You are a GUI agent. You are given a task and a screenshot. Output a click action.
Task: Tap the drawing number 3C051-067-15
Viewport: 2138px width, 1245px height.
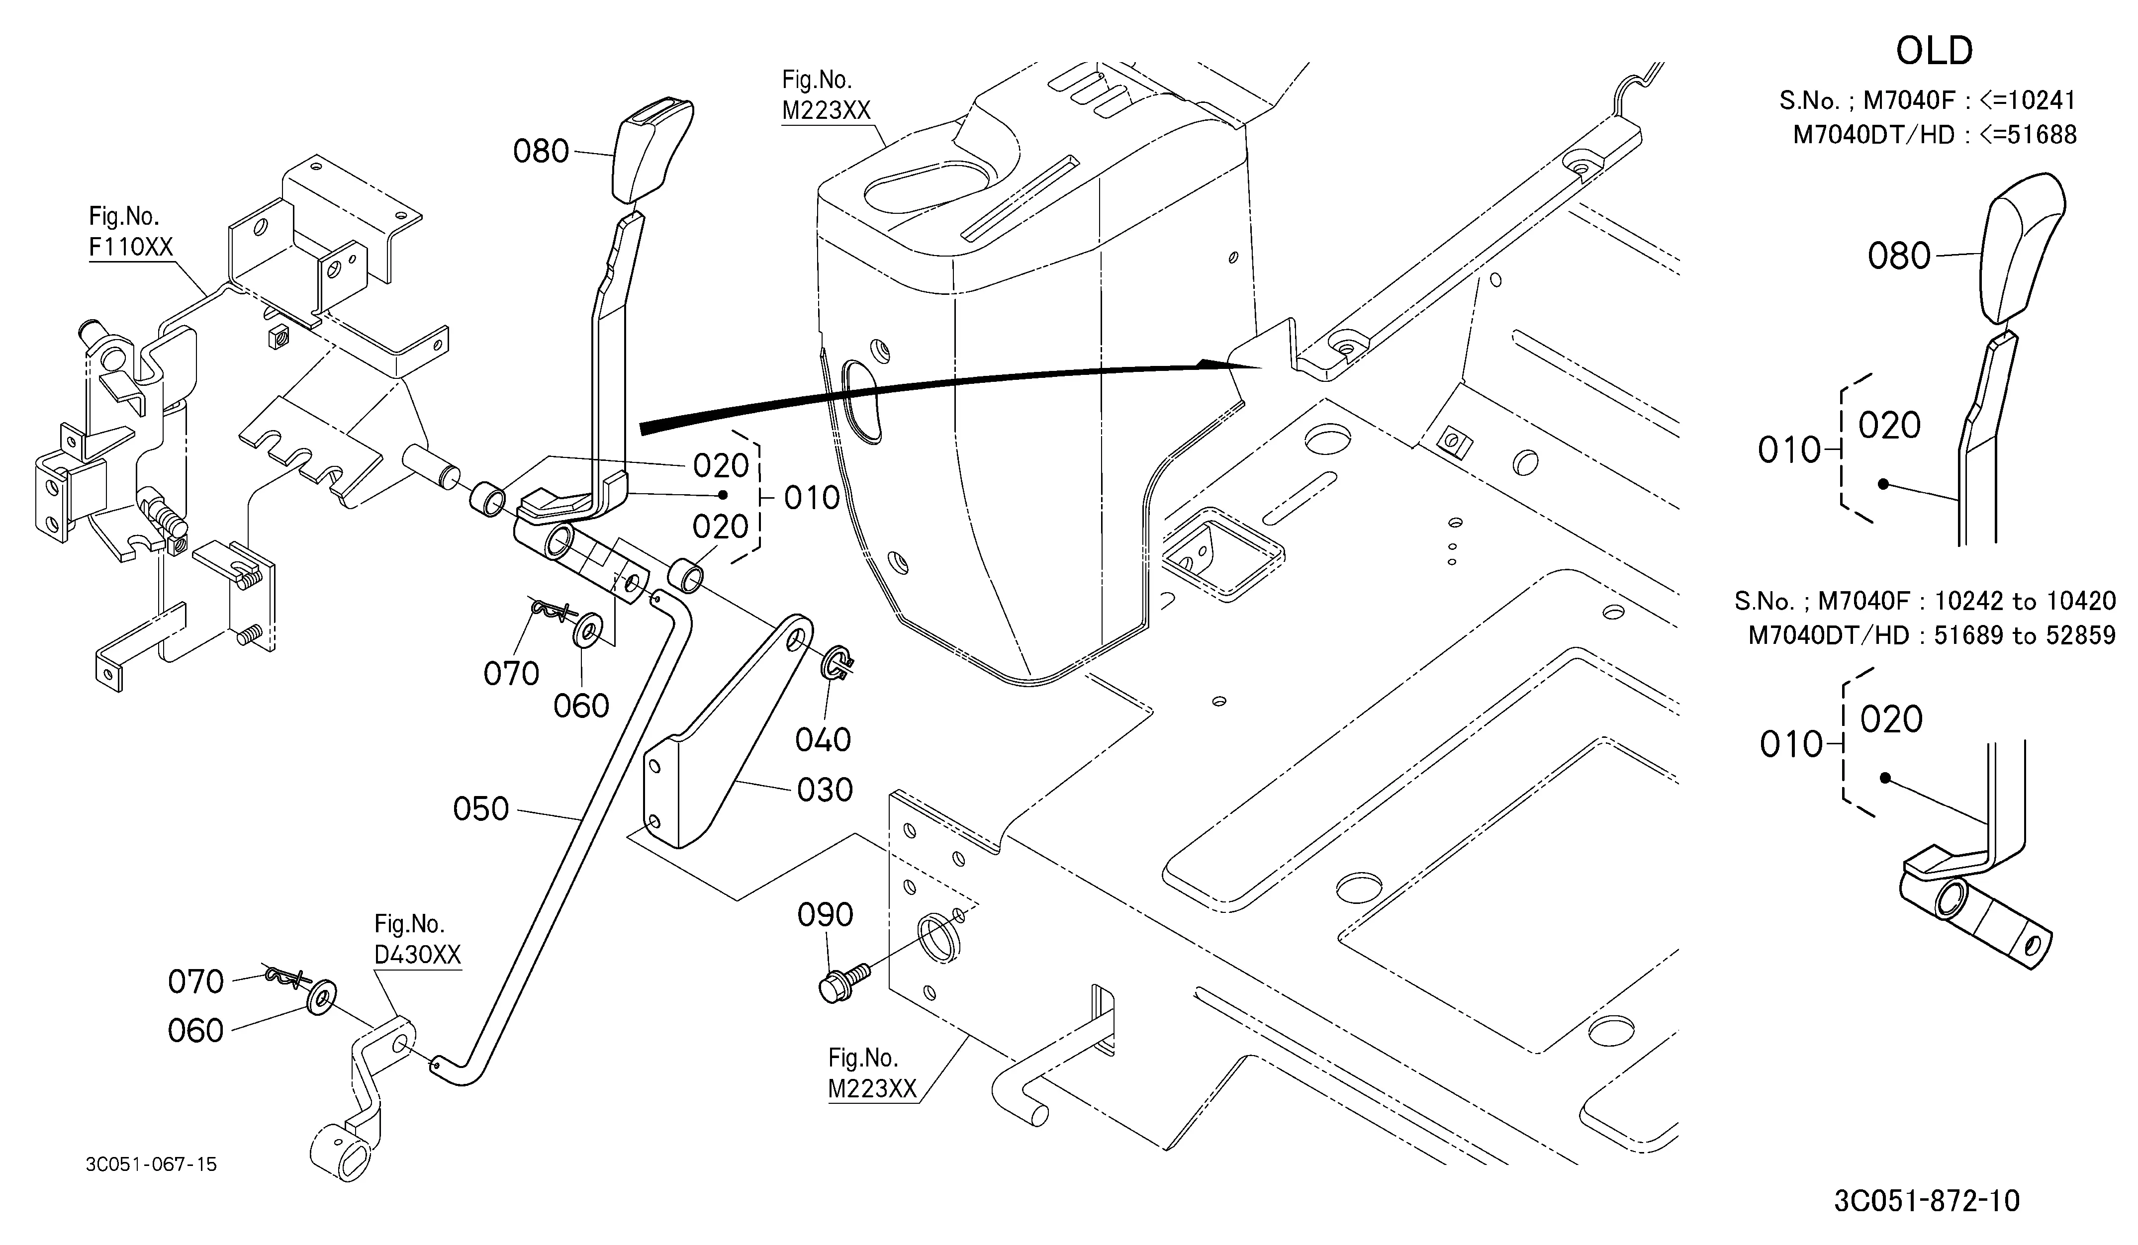click(151, 1164)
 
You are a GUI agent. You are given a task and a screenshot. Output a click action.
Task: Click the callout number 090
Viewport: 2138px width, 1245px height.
click(826, 915)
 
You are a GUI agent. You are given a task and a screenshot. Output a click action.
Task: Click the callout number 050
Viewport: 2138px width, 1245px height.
click(481, 808)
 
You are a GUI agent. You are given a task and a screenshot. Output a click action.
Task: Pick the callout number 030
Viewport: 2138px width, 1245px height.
click(825, 790)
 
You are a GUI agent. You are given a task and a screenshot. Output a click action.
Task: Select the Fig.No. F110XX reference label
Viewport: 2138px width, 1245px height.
click(131, 232)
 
